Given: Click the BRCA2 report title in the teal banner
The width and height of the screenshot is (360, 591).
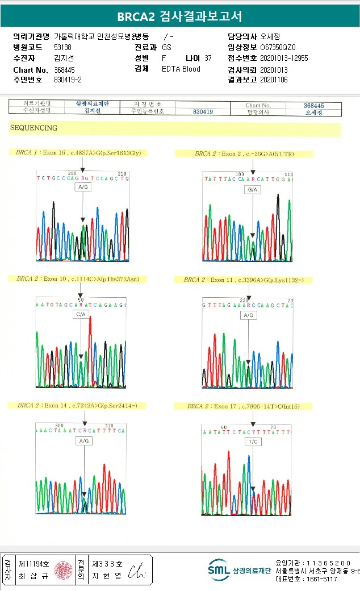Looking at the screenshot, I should pyautogui.click(x=179, y=16).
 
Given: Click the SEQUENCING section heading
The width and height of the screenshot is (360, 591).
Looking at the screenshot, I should pyautogui.click(x=34, y=128).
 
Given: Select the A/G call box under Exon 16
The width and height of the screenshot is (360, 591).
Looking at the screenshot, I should pyautogui.click(x=83, y=187).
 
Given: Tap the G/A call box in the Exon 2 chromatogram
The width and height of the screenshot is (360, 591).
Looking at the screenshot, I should pyautogui.click(x=252, y=189).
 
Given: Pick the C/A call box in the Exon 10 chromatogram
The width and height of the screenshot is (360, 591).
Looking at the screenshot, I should pyautogui.click(x=81, y=314).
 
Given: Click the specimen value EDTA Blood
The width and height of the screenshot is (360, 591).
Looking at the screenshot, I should pyautogui.click(x=181, y=69).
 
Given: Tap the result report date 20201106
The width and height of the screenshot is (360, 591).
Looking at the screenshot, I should pyautogui.click(x=274, y=80).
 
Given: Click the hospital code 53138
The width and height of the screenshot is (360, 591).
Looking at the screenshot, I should pyautogui.click(x=62, y=48).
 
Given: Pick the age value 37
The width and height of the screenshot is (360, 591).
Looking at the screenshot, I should pyautogui.click(x=208, y=59).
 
